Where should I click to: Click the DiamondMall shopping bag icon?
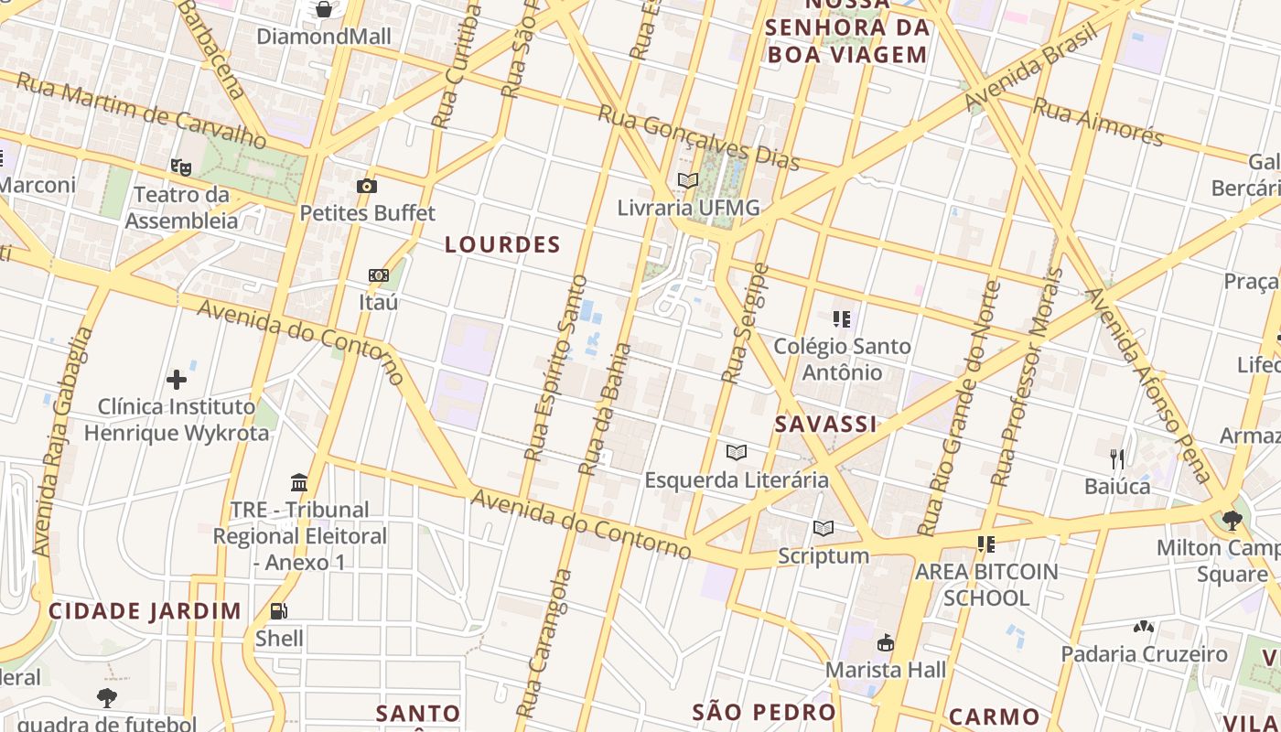point(323,10)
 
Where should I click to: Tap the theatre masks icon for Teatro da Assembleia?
point(180,167)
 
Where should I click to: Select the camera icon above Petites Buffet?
point(367,186)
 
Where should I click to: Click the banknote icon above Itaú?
point(378,275)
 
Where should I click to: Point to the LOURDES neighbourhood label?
point(502,244)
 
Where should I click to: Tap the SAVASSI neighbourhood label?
point(825,424)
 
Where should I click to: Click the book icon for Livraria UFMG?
point(687,181)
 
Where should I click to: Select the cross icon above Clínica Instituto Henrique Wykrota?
point(177,380)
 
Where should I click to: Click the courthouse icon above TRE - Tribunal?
point(299,482)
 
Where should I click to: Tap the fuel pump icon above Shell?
point(279,611)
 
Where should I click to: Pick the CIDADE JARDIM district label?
point(145,610)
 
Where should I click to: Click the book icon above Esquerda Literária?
point(736,452)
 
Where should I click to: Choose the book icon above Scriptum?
point(823,528)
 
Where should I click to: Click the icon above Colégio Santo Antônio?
point(842,319)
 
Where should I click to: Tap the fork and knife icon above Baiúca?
point(1116,457)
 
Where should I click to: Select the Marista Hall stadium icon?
point(885,643)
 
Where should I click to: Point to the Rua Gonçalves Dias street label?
point(699,137)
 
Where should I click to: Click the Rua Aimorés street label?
point(1097,122)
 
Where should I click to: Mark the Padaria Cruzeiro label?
point(1144,654)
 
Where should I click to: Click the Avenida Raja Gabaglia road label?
point(62,443)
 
